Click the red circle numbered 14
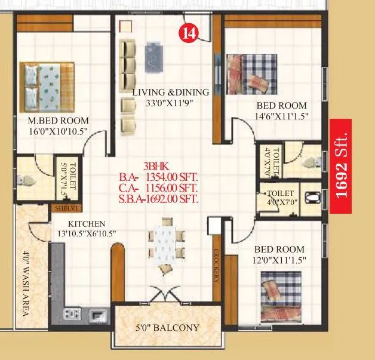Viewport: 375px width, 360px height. tap(189, 33)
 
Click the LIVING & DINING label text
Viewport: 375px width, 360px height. tap(171, 93)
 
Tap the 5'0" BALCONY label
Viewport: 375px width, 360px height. tap(167, 328)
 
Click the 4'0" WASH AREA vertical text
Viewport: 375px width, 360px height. tap(26, 287)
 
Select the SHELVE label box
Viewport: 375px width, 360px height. tap(66, 208)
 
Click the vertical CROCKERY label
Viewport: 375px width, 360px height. tap(217, 266)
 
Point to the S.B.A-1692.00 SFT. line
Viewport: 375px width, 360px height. tap(159, 199)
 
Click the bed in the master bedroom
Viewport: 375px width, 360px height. tap(47, 85)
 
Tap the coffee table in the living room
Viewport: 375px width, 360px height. tap(155, 55)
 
